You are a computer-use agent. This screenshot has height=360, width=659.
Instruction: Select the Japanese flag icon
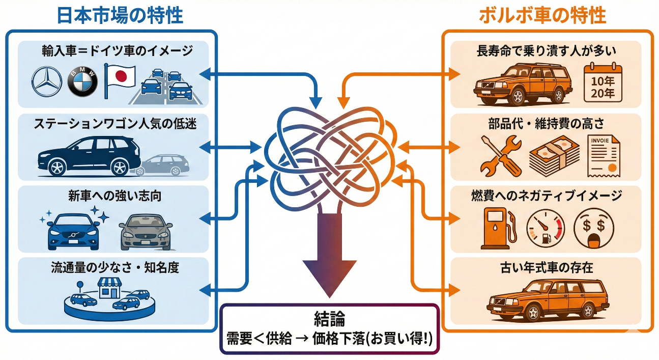click(x=120, y=80)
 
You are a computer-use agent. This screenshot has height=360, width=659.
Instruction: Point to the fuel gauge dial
click(x=546, y=229)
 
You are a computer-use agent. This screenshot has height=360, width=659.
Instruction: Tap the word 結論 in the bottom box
click(x=329, y=320)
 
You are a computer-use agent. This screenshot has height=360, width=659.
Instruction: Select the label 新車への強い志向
click(x=114, y=196)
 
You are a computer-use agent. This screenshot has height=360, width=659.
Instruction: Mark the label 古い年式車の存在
click(x=546, y=267)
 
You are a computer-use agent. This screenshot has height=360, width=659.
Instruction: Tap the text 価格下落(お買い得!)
click(x=374, y=339)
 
